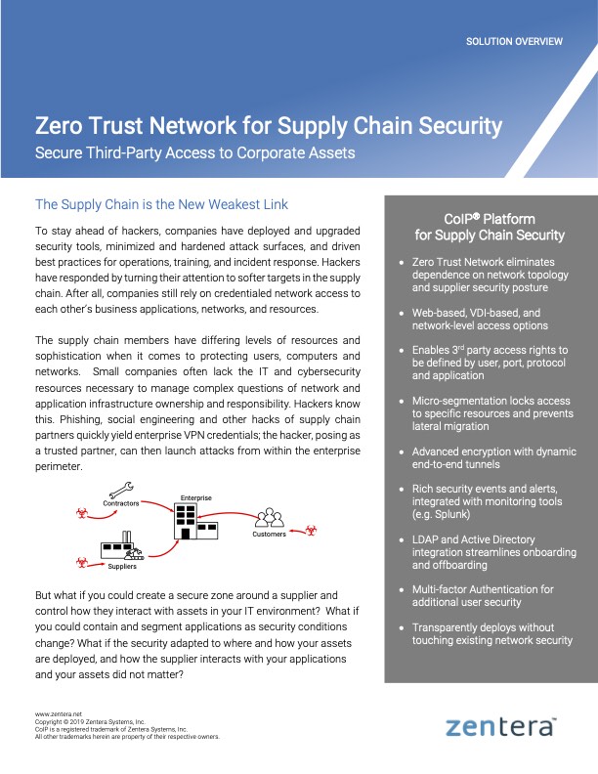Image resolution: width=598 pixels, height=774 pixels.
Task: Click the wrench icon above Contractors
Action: point(121,491)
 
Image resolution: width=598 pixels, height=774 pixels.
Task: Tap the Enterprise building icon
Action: point(195,521)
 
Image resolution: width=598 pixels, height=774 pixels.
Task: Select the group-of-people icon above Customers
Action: point(270,517)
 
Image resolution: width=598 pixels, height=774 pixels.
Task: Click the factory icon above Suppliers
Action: point(121,546)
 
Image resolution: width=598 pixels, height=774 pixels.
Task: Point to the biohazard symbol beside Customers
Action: point(311,531)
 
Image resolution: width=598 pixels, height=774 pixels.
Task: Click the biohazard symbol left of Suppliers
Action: point(82,562)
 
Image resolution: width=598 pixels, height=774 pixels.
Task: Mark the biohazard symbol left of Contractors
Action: point(82,513)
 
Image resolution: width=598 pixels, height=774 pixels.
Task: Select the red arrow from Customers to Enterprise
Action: point(228,514)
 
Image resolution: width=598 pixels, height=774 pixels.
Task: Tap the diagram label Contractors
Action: point(121,503)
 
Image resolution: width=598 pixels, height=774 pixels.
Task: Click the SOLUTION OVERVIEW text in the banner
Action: point(514,41)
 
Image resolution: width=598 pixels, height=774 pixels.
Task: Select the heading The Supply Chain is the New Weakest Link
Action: point(161,204)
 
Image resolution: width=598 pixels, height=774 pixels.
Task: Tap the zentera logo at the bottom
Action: point(501,727)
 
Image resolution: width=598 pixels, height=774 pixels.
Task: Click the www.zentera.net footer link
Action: point(59,714)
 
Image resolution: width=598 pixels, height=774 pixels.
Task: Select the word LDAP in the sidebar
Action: point(425,539)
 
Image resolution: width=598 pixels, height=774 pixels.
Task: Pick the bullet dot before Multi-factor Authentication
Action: point(402,590)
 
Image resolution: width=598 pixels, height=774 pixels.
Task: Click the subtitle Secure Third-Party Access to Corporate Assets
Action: point(194,153)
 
